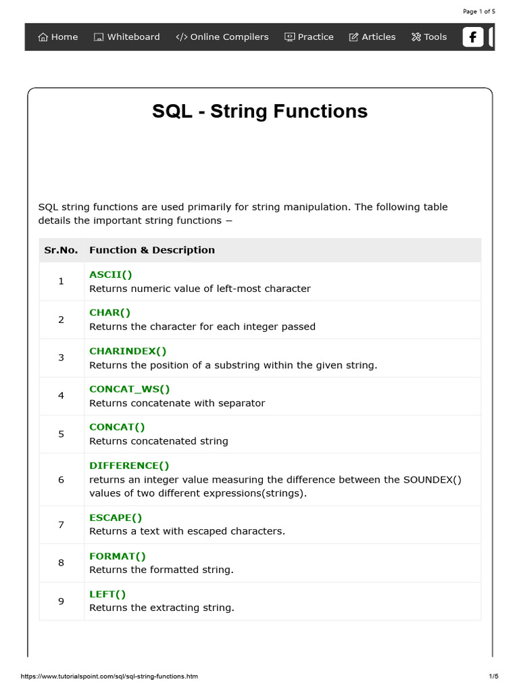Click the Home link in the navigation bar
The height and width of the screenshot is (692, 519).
pos(58,37)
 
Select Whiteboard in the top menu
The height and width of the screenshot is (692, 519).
pos(126,37)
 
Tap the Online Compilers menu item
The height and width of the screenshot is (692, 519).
pos(222,37)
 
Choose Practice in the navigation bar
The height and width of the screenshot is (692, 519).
pos(309,37)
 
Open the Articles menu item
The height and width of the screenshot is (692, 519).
pos(372,37)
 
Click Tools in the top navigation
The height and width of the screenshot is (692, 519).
pos(429,37)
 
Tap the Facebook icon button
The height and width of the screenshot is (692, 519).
pos(472,37)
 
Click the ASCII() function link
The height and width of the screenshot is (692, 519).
pos(111,274)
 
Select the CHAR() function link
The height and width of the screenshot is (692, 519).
pos(110,312)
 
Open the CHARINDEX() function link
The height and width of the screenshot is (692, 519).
pos(128,351)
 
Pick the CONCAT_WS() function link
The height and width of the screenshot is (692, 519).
pos(130,389)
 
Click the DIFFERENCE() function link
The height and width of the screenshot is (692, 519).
pos(129,466)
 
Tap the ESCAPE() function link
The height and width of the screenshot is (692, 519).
pos(116,518)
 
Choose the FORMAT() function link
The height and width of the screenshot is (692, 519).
pos(118,556)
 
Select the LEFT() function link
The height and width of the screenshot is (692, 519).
pos(107,594)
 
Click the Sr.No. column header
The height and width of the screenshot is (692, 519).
pos(61,250)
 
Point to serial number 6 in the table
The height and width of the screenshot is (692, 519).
pos(61,480)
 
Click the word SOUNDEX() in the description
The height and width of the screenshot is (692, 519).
pos(432,480)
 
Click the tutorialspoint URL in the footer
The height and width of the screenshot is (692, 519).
pos(109,676)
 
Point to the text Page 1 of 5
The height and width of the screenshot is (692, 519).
pos(479,11)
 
